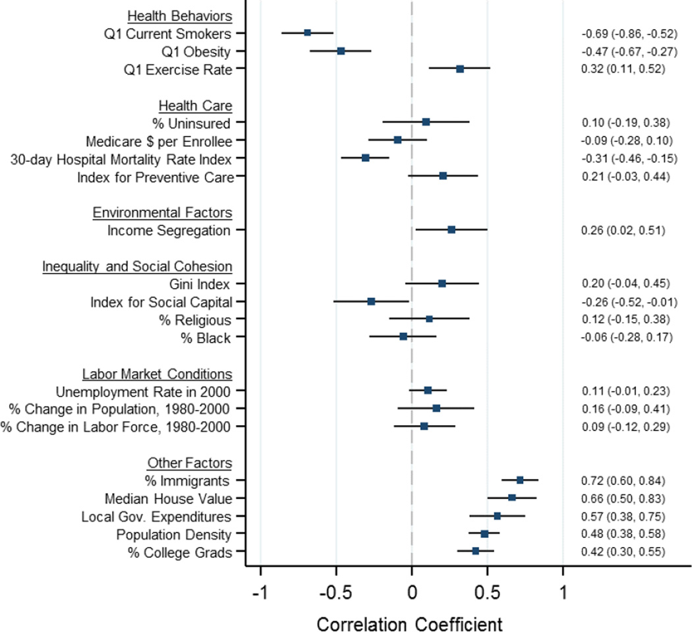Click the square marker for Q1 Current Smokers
307,33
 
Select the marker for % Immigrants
520,480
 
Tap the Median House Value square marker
511,498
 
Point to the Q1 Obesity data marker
341,51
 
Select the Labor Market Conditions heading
157,374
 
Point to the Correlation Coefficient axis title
411,622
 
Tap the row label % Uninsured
195,123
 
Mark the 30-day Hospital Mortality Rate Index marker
365,158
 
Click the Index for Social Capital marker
371,301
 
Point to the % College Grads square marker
475,550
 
